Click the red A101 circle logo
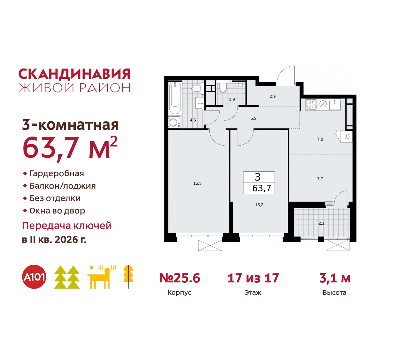(34, 277)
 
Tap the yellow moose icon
(101, 277)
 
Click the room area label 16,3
(197, 183)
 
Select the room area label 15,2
(259, 205)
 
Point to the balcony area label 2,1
(321, 223)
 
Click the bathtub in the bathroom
(175, 98)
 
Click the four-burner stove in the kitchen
(311, 104)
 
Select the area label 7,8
(320, 139)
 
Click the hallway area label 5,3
(253, 119)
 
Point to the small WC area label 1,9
(232, 100)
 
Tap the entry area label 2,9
(273, 96)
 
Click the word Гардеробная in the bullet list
(57, 173)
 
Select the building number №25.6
(180, 278)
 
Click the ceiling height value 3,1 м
(335, 278)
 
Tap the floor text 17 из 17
(253, 278)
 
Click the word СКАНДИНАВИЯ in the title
(74, 74)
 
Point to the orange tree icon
(128, 276)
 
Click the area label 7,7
(320, 179)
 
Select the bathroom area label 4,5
(193, 120)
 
